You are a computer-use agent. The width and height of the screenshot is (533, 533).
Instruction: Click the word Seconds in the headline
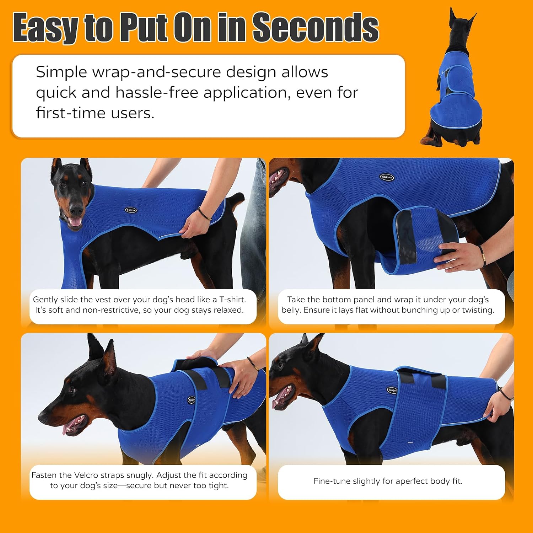316,27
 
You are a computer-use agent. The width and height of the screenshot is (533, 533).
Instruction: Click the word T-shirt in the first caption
232,300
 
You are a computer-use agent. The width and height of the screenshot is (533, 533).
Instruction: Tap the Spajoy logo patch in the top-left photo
131,210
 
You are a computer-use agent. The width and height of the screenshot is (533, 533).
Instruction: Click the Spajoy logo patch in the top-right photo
387,177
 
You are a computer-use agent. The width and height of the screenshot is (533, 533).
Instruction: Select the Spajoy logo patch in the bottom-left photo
192,400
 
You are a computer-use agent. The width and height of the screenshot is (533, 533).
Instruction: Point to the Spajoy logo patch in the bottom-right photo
392,390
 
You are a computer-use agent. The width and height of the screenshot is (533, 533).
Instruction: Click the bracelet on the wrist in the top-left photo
204,214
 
